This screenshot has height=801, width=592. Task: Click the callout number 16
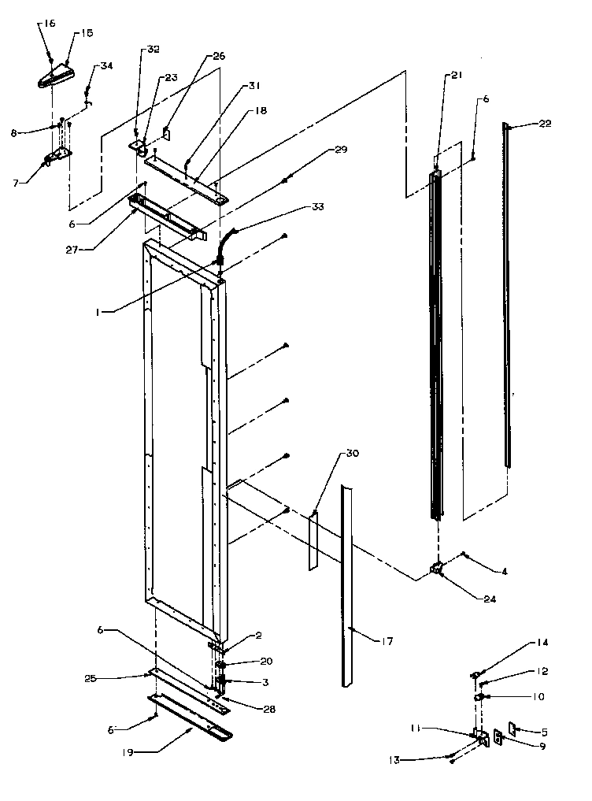[x=49, y=24]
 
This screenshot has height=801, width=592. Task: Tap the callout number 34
[x=105, y=66]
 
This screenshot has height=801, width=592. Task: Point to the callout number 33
[x=317, y=207]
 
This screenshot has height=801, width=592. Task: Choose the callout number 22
[x=545, y=124]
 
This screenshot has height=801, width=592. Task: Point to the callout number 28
[x=269, y=710]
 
